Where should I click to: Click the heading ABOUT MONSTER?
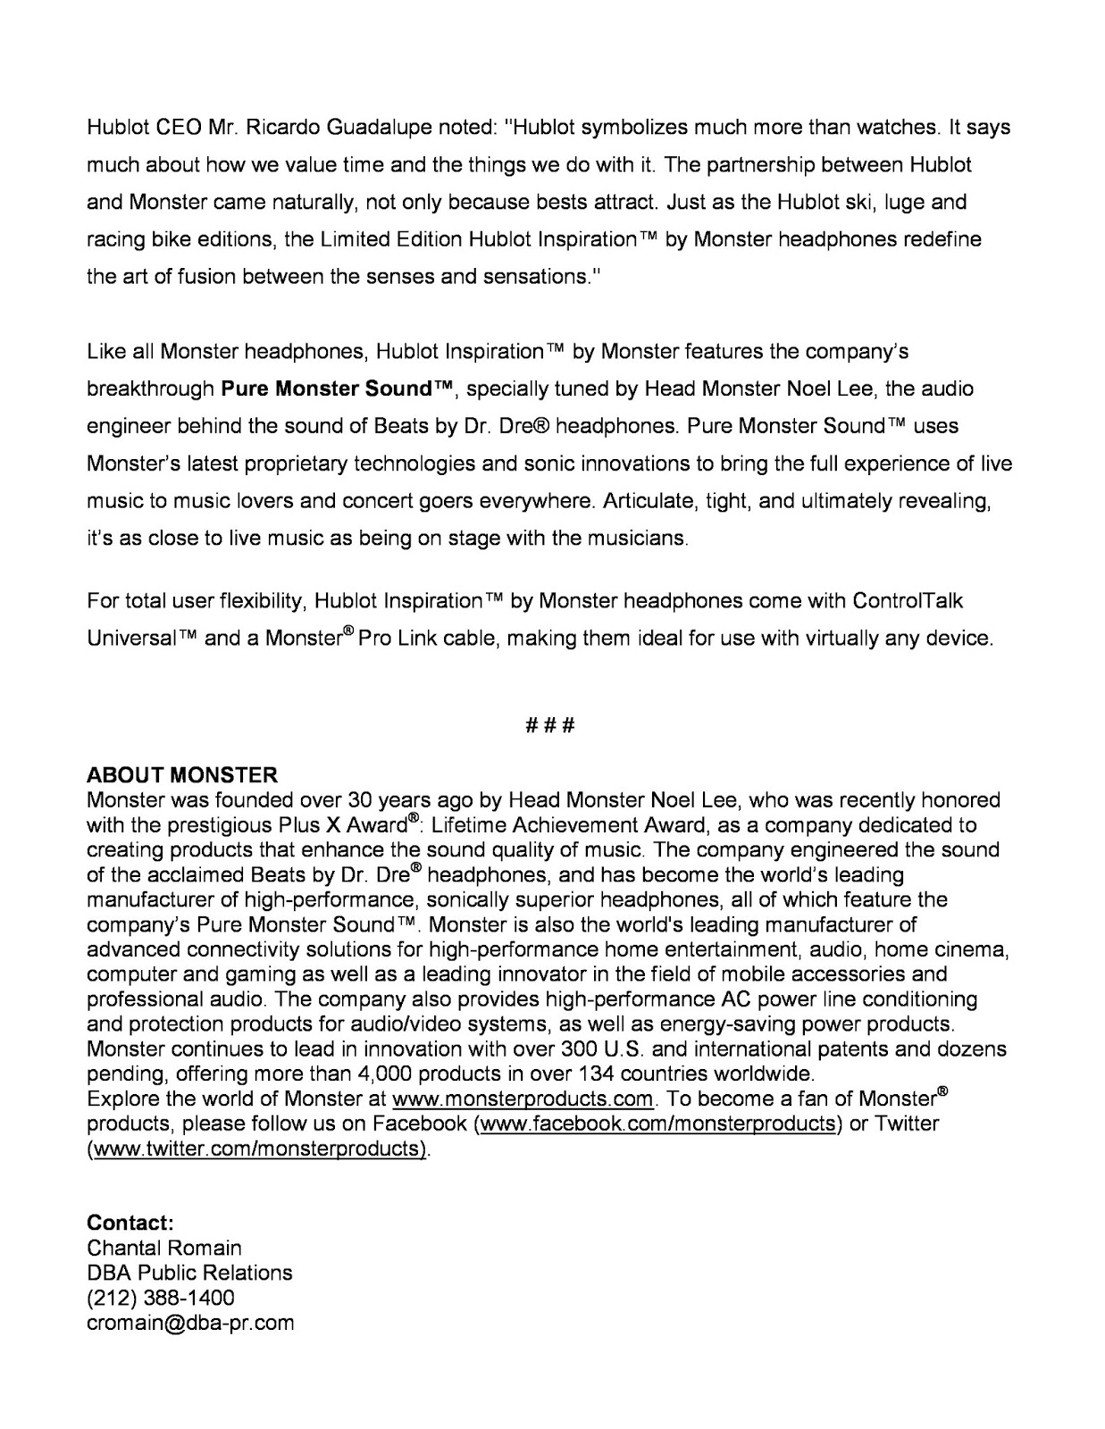(182, 774)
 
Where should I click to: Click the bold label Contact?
(130, 1222)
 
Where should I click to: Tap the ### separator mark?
(550, 724)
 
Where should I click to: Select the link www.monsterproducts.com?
(523, 1099)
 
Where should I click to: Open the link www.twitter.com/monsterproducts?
(257, 1149)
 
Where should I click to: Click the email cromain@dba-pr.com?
(190, 1323)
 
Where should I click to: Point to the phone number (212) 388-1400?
(161, 1297)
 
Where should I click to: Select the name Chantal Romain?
(164, 1247)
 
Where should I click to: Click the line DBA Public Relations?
(189, 1272)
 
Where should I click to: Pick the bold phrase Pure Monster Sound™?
(339, 389)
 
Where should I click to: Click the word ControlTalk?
(908, 601)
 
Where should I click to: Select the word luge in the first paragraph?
(900, 202)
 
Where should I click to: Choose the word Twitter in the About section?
(907, 1124)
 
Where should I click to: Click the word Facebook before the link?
(420, 1124)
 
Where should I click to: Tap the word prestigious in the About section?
(212, 824)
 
